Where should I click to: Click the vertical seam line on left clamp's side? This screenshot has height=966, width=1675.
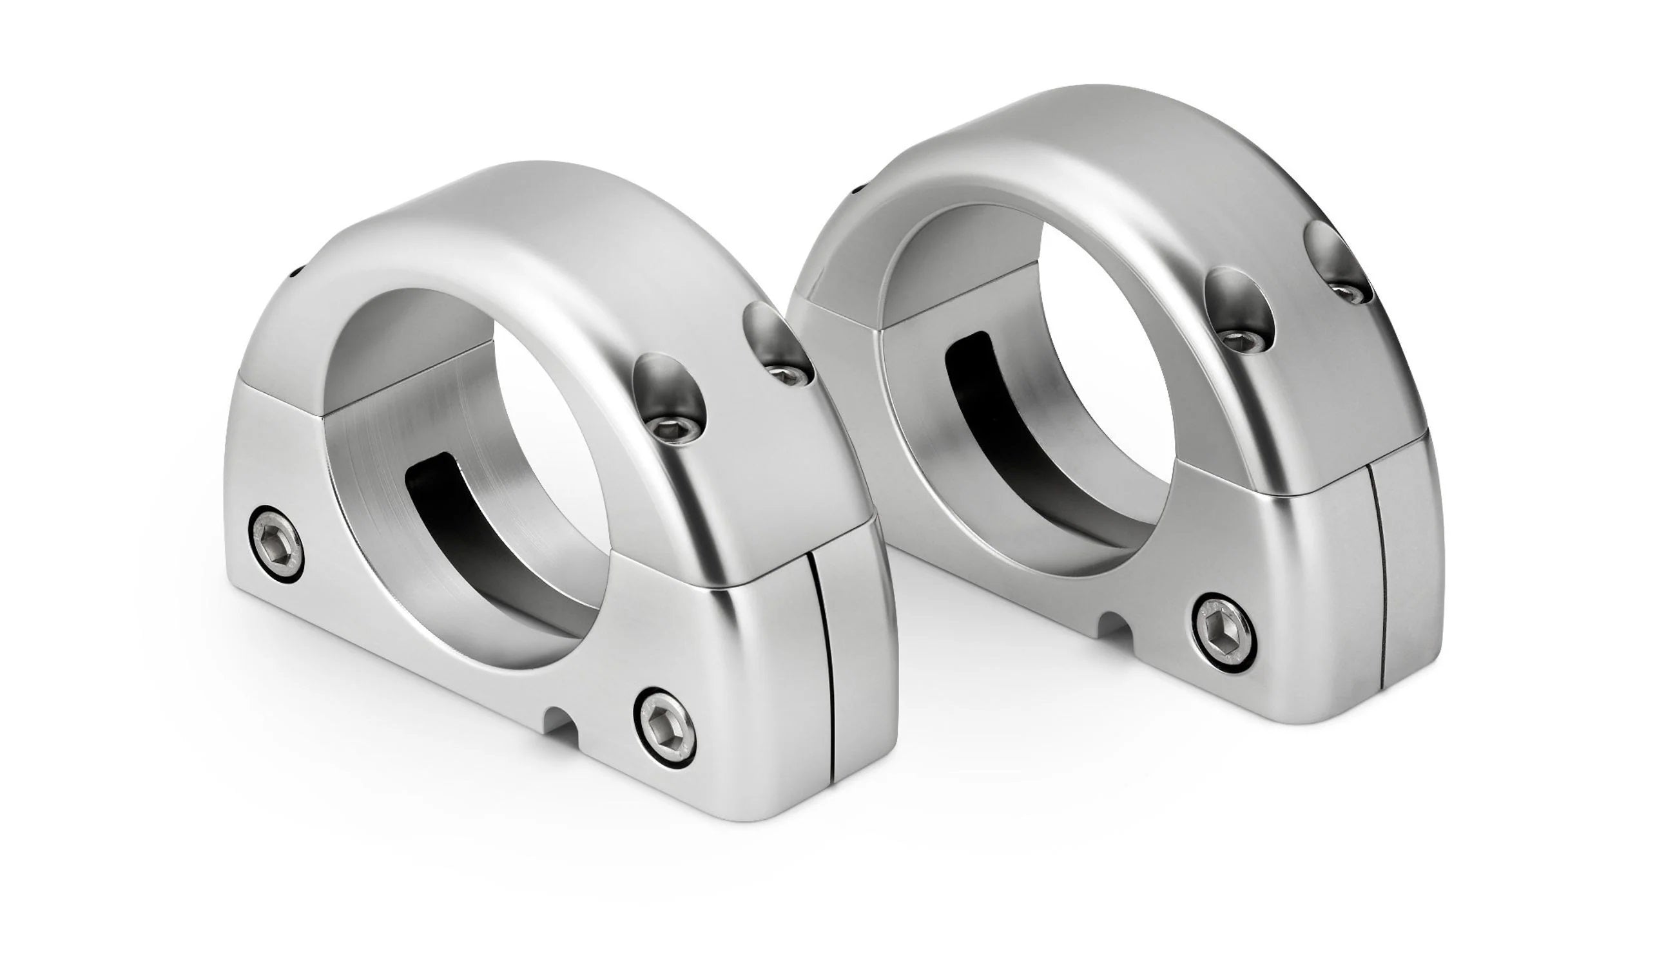pos(822,670)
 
